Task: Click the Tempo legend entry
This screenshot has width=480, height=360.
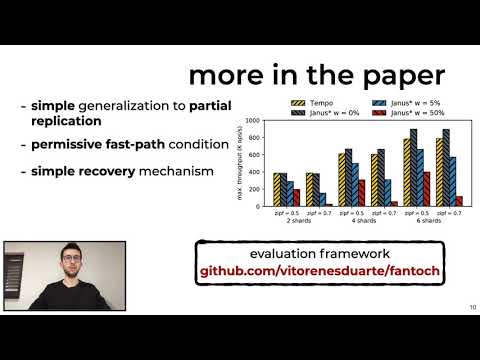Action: (x=317, y=102)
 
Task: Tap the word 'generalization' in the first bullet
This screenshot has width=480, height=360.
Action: (x=125, y=105)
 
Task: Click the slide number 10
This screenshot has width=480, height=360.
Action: (x=470, y=308)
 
